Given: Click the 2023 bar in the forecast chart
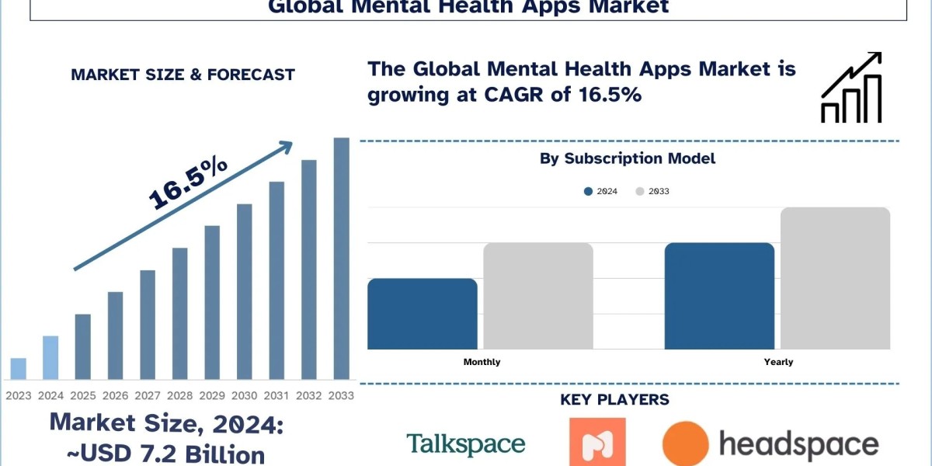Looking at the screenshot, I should coord(19,369).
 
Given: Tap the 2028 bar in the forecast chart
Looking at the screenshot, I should coord(180,314).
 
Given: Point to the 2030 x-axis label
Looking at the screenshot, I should coord(245,395).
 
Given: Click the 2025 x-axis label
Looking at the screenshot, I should coord(83,395).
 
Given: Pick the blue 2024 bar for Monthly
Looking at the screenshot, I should coord(423,314).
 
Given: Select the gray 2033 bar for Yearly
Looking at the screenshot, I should coord(835,278).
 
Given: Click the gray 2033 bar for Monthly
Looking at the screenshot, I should coord(538,296).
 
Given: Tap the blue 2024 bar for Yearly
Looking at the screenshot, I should coord(719,296).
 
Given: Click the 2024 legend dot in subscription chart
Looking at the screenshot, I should coord(589,191).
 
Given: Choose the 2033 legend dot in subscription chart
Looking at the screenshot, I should coord(640,191).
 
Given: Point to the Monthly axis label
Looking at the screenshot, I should coord(482,362).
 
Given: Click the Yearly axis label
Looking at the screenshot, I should coord(778,362).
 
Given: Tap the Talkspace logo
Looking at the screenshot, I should coord(466,444).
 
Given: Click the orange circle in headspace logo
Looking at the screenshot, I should coord(686,444).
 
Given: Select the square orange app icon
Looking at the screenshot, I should coord(597,443).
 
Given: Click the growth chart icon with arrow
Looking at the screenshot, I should coord(851,88).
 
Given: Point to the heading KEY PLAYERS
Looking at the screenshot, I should coord(614,400).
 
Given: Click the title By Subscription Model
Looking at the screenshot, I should coord(628,158).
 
